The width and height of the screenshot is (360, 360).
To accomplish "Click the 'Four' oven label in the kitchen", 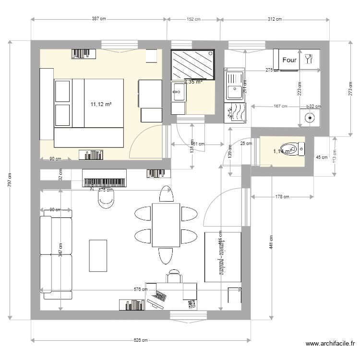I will pyautogui.click(x=289, y=60).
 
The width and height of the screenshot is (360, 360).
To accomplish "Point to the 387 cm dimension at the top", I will pyautogui.click(x=98, y=19).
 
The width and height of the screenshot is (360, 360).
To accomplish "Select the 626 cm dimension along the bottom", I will pyautogui.click(x=140, y=340).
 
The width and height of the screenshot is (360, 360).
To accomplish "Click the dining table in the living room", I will pyautogui.click(x=166, y=225).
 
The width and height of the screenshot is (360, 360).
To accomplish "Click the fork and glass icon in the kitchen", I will pyautogui.click(x=308, y=59).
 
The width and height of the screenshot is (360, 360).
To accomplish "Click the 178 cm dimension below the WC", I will pyautogui.click(x=282, y=196).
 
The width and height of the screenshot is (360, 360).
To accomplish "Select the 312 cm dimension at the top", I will pyautogui.click(x=275, y=19).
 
